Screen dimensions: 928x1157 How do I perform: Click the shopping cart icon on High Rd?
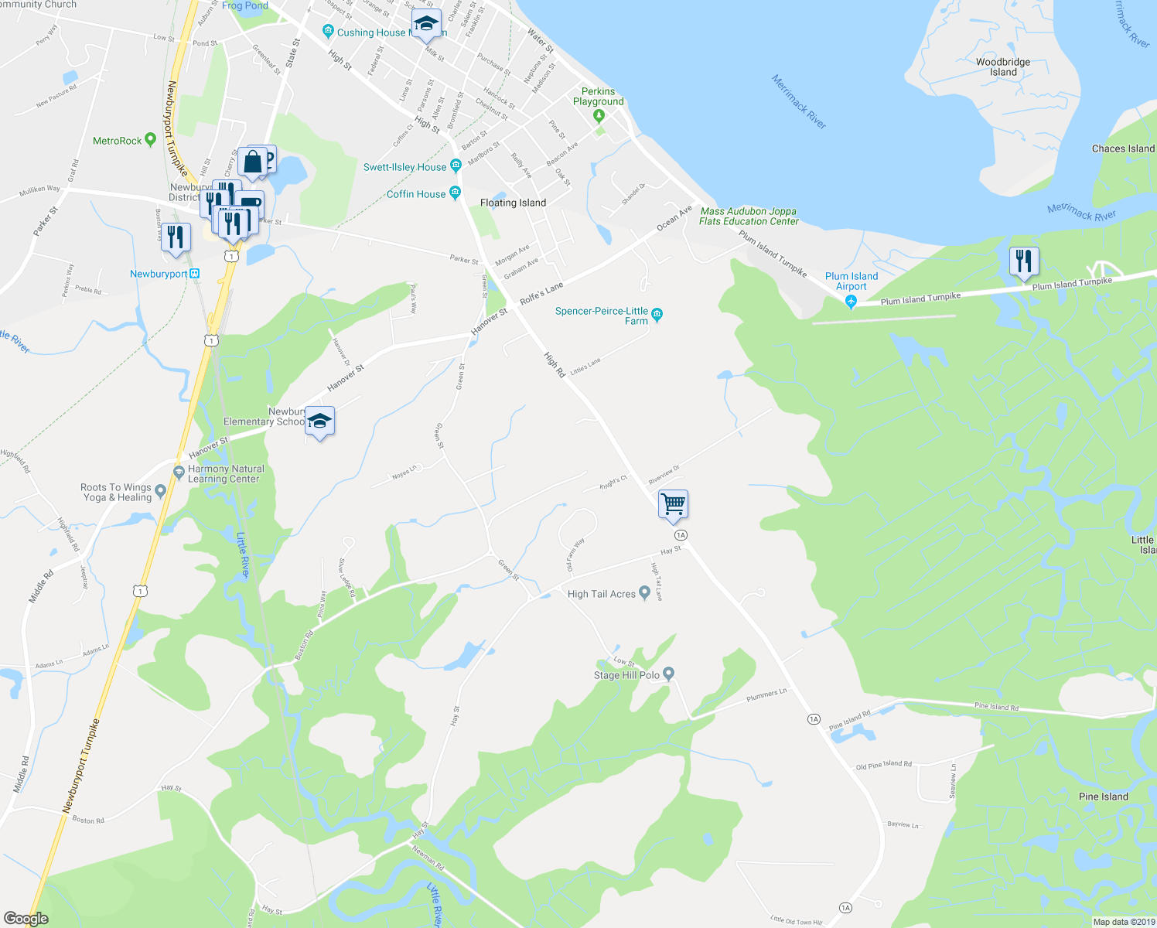[x=673, y=504]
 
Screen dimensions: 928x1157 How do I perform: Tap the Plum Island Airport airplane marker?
[x=852, y=302]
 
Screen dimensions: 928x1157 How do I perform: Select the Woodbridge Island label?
[x=1003, y=67]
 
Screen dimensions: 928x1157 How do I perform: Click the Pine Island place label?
[x=1104, y=797]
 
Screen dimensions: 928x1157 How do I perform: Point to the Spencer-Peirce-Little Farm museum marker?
[x=657, y=314]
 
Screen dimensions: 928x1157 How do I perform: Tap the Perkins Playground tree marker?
[x=598, y=116]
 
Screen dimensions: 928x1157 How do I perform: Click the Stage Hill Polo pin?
[x=670, y=674]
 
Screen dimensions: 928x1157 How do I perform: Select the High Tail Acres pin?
[x=644, y=593]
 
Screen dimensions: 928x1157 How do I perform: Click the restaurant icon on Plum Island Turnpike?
[x=1023, y=261]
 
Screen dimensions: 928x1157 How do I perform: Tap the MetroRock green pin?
[x=150, y=140]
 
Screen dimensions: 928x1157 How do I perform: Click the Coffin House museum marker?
[x=455, y=193]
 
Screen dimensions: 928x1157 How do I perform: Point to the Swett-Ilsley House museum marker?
[x=456, y=165]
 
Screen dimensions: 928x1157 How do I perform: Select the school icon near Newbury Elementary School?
[x=319, y=421]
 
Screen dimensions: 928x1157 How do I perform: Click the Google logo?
[x=26, y=919]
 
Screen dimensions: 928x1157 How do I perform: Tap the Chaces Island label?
[x=1123, y=148]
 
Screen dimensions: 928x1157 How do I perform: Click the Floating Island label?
[x=513, y=203]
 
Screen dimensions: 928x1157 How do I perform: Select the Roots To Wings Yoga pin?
[x=160, y=490]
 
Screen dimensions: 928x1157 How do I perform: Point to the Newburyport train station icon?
[x=195, y=274]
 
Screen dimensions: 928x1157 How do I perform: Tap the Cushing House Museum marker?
[x=329, y=32]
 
